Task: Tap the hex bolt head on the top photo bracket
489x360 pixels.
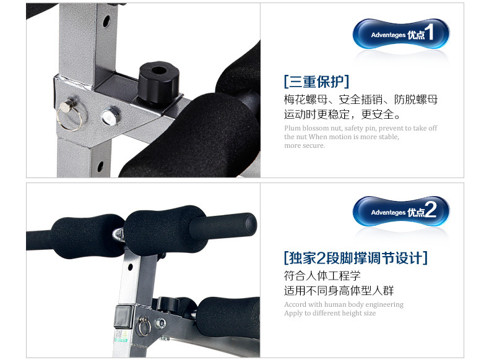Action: tap(110, 116)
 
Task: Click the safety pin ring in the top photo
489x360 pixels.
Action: tap(69, 118)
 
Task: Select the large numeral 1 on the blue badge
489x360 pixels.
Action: tap(430, 32)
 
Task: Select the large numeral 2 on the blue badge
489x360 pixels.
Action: tap(431, 210)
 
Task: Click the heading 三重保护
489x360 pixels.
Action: tap(316, 82)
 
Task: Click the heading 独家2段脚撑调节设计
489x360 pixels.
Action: tap(355, 258)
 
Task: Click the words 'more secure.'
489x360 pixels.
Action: tap(305, 145)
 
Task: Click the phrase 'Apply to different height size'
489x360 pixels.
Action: tap(330, 313)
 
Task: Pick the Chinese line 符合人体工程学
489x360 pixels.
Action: tap(322, 275)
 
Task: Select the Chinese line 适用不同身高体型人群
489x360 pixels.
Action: tap(339, 291)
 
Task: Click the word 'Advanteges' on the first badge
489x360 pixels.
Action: tap(388, 35)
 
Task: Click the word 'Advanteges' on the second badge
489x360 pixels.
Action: tap(388, 213)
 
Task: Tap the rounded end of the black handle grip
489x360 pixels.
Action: tap(251, 224)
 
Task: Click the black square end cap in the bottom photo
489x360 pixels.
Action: tap(124, 316)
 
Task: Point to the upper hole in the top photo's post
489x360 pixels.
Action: tap(106, 21)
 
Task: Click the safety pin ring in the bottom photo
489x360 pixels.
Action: tap(145, 327)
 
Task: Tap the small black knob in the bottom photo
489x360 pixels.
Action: tap(168, 304)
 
